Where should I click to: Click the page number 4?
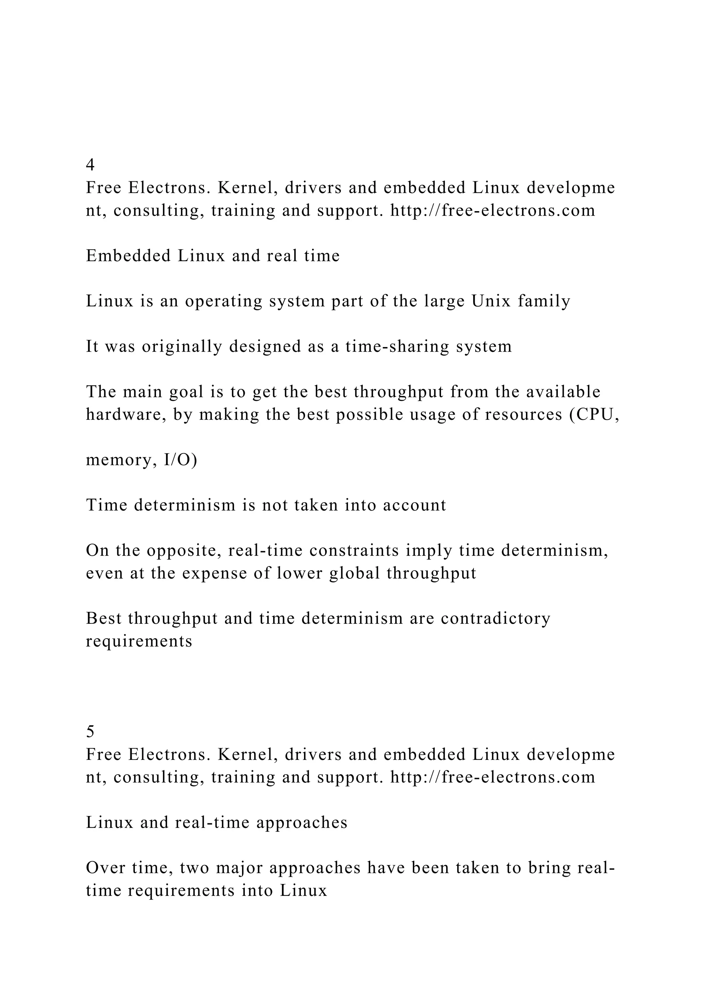(x=90, y=165)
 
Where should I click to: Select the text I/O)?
(x=181, y=460)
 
